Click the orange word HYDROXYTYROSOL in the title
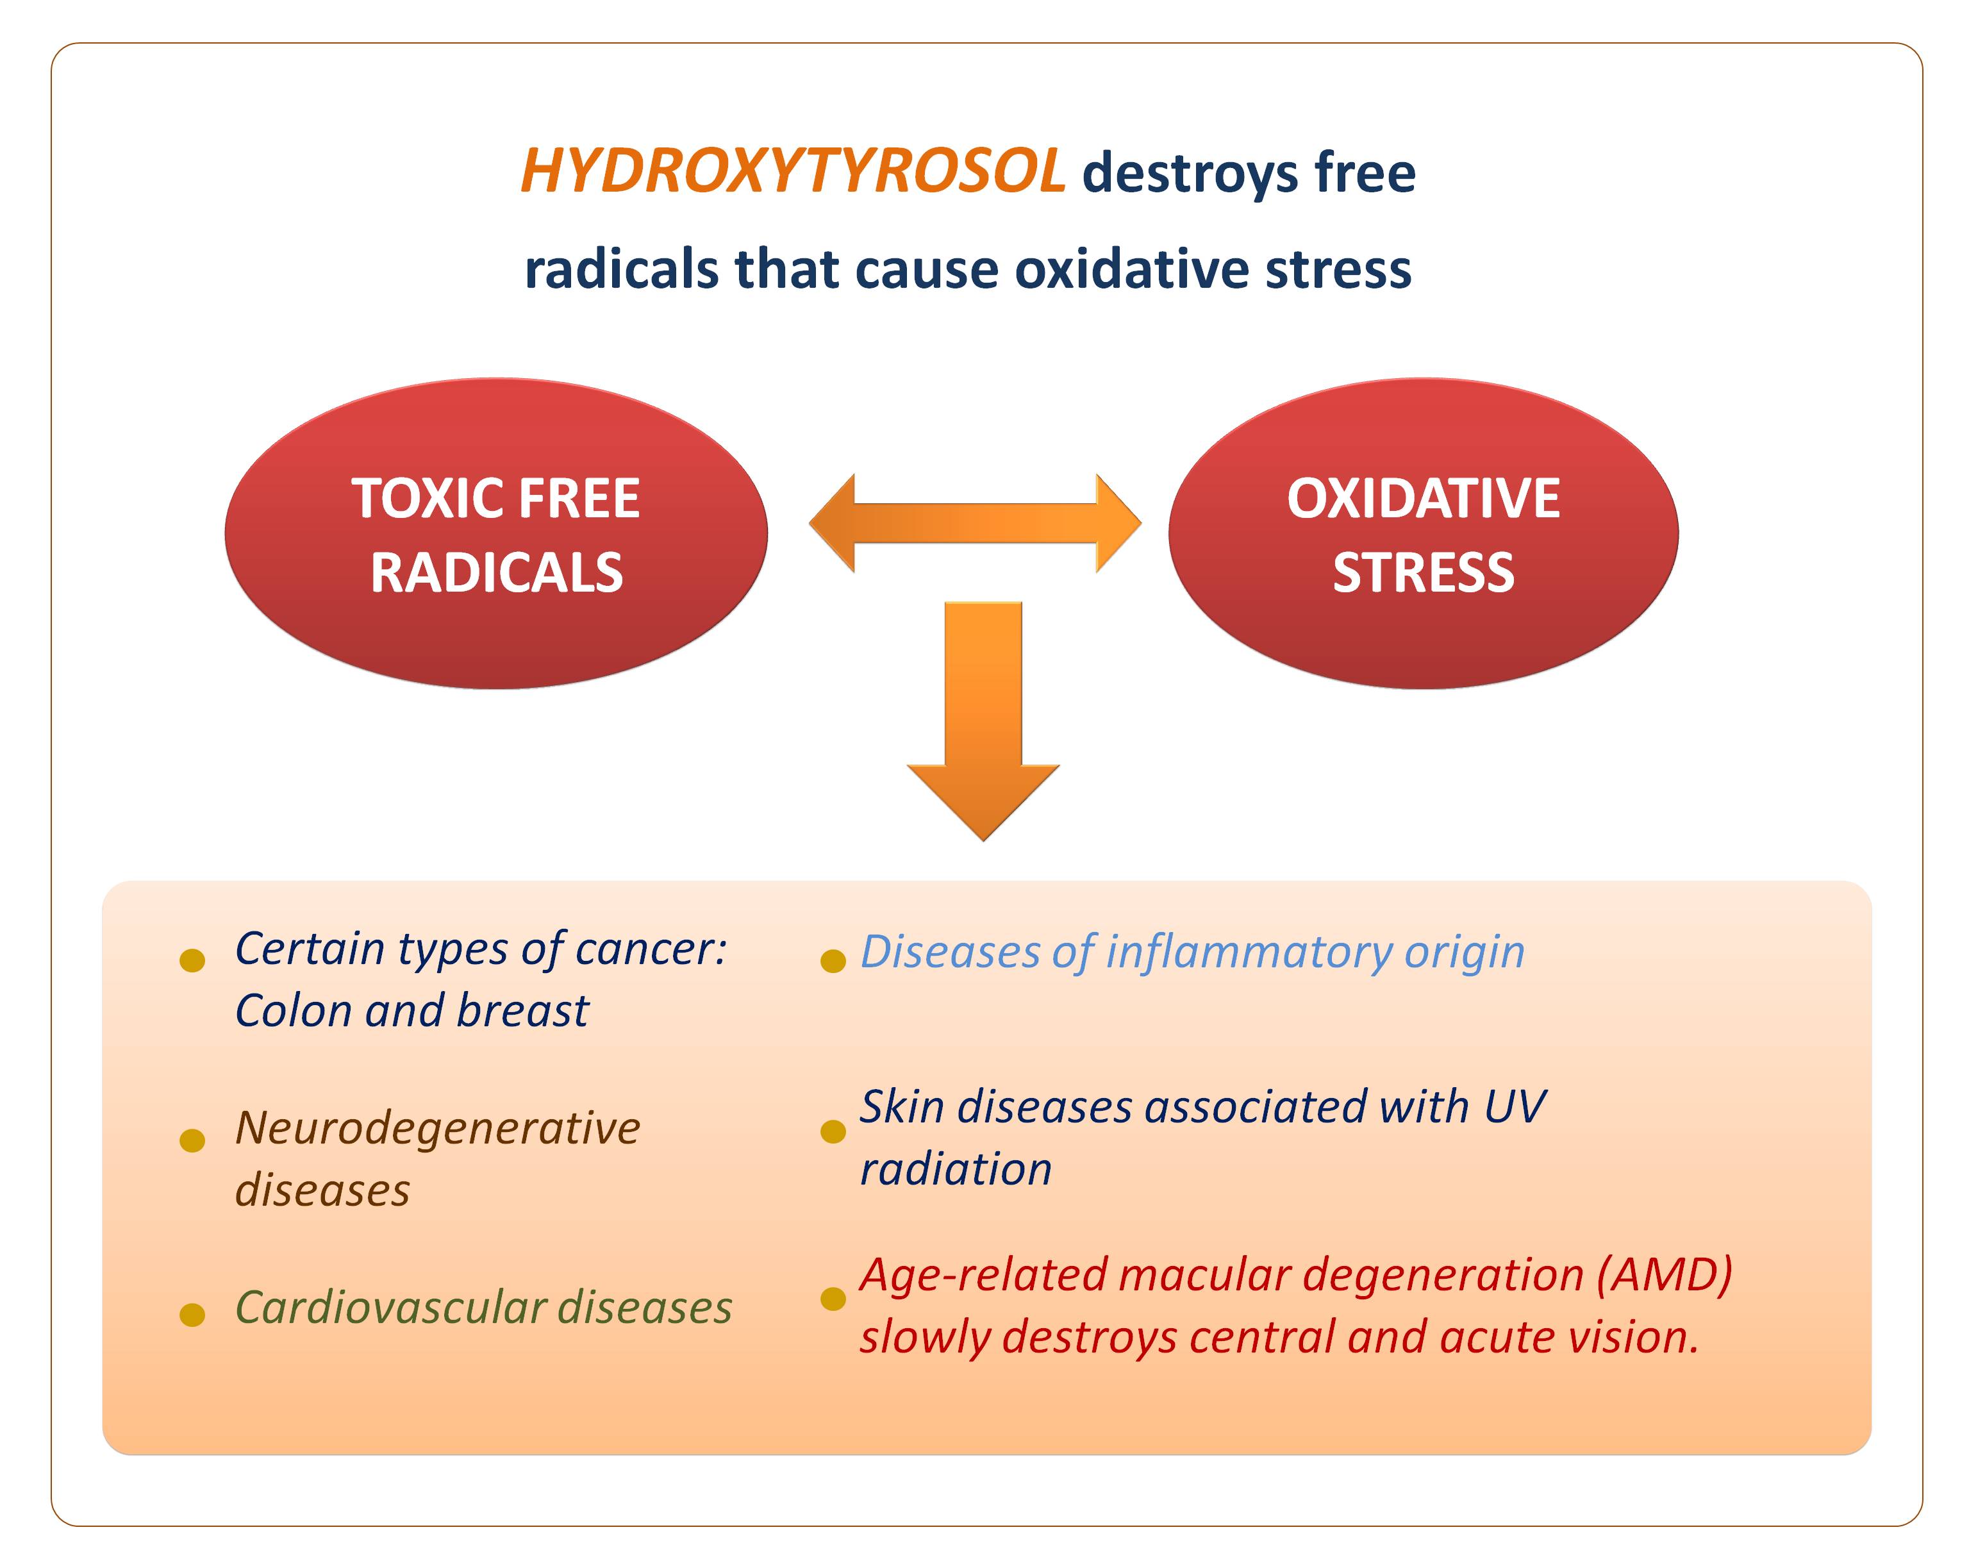click(x=791, y=171)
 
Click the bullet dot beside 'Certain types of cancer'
click(x=192, y=960)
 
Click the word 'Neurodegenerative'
click(x=438, y=1129)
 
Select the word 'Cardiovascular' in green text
click(x=390, y=1308)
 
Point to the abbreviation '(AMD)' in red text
click(x=1664, y=1276)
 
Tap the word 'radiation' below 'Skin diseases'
click(x=955, y=1170)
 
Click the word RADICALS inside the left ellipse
click(x=496, y=574)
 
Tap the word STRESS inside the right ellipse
click(x=1423, y=574)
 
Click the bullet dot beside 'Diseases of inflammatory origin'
click(x=833, y=961)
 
